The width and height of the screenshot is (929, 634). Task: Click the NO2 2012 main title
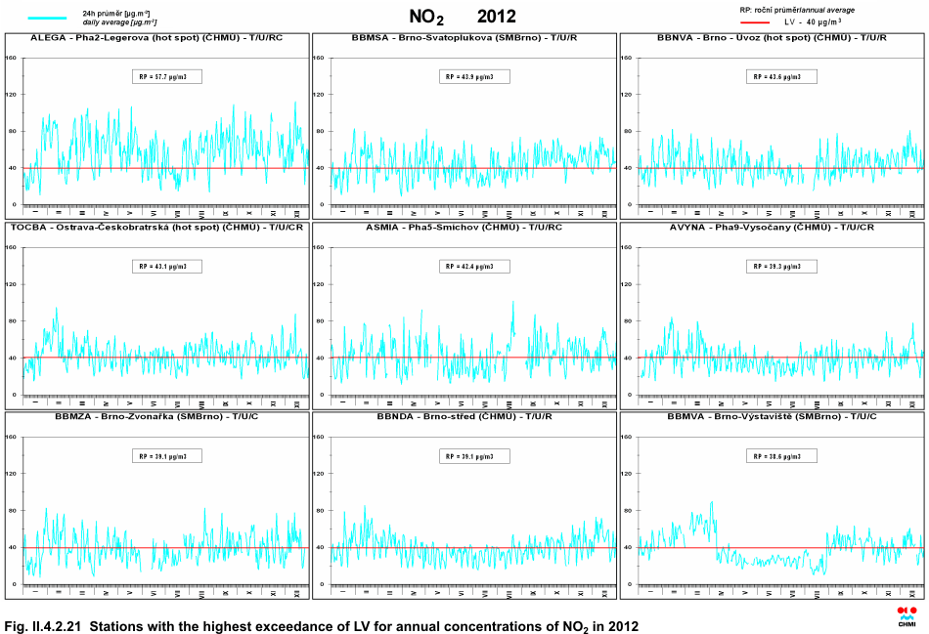tap(463, 17)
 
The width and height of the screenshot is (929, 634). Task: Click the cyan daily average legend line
tap(48, 18)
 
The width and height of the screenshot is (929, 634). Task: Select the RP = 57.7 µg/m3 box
tap(167, 77)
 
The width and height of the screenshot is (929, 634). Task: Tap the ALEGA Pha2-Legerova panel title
tap(156, 37)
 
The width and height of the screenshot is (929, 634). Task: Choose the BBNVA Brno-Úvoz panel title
tap(773, 37)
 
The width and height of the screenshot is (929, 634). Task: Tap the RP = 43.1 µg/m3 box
tap(167, 266)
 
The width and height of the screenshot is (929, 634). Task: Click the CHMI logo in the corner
tap(907, 615)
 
